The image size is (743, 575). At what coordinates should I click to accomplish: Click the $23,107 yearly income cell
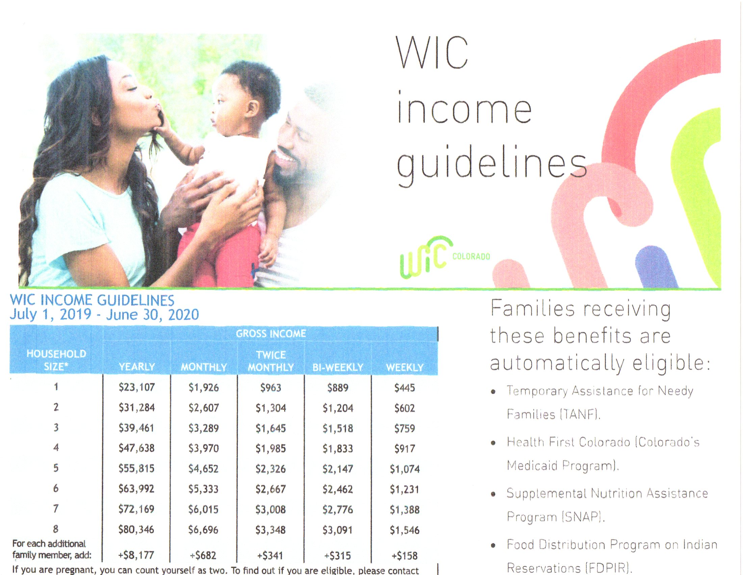coord(136,387)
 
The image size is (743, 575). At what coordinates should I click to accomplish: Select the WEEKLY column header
coord(405,367)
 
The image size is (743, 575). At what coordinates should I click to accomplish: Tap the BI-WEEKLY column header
coord(338,367)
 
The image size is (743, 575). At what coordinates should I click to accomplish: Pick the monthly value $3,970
coord(203,448)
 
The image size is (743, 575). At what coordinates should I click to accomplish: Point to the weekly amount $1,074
coord(405,469)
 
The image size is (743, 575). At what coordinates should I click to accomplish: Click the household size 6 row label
coord(56,488)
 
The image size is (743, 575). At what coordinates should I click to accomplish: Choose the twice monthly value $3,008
coord(271,510)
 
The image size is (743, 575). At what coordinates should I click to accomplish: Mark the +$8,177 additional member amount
coord(136,555)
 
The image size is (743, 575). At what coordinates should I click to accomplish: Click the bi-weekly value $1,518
coord(337,428)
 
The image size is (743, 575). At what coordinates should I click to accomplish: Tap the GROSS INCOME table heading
coord(271,333)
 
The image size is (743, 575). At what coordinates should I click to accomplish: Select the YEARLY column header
coord(137,367)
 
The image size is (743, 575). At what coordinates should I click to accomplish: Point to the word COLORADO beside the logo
coord(471,256)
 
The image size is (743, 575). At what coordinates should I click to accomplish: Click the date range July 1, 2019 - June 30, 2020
coord(104,315)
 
